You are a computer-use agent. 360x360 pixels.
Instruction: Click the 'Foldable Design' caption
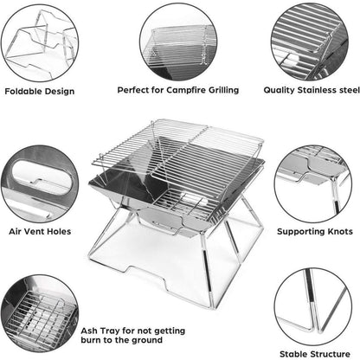coord(40,91)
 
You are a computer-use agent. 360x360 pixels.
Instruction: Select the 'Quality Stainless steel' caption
coord(312,89)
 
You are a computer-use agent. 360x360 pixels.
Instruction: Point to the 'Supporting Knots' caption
coord(313,232)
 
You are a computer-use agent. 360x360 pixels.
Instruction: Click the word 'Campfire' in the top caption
coord(175,89)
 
